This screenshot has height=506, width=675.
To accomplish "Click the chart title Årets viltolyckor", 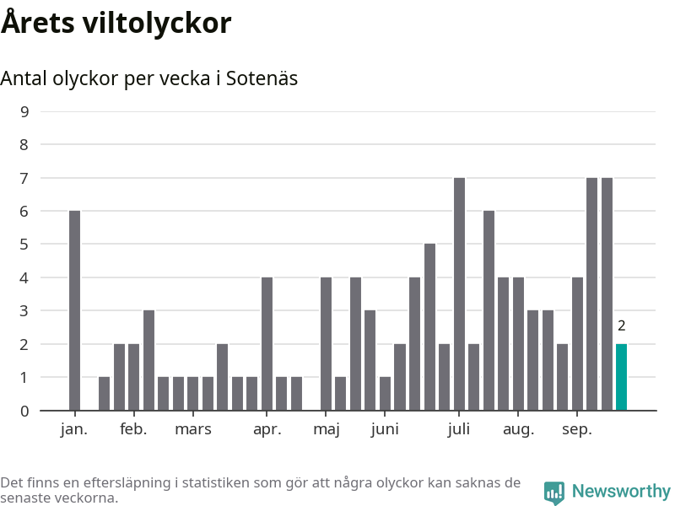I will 116,23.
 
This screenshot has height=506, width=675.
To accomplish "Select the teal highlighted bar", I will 621,377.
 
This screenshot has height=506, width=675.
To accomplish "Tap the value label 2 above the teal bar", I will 621,326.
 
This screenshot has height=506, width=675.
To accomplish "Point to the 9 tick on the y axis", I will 24,111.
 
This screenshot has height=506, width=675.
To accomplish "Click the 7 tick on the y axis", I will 24,178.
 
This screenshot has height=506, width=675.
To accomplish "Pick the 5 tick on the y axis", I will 24,245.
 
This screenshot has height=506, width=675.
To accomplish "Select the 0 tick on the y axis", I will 24,411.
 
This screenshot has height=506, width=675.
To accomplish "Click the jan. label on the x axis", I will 74,429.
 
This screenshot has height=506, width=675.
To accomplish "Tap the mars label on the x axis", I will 193,429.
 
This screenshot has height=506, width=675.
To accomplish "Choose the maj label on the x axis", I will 326,429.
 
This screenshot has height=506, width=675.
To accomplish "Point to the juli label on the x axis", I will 459,429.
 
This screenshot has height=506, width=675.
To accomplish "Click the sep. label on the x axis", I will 577,429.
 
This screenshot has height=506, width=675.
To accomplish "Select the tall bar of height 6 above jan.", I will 74,310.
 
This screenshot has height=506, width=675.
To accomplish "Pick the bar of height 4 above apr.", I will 267,343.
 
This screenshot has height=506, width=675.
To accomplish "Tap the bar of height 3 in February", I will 148,360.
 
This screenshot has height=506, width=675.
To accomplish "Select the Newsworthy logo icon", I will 554,492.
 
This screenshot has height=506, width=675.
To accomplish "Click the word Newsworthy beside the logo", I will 621,491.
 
